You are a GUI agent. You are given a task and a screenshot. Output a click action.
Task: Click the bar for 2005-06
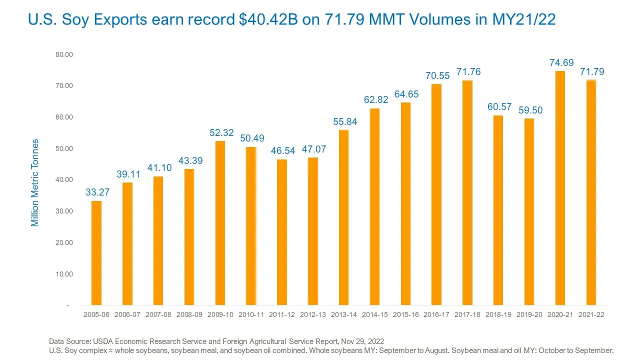(x=96, y=253)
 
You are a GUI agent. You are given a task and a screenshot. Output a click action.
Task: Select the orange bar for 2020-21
(x=560, y=188)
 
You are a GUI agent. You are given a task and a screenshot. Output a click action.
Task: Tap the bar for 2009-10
(x=220, y=223)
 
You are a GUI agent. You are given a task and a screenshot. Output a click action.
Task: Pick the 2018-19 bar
(x=498, y=210)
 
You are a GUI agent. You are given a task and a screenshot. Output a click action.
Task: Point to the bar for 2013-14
(x=343, y=217)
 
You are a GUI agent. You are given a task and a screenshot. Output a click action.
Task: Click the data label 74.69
(x=561, y=62)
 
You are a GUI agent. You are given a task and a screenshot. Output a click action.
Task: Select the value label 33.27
(x=97, y=192)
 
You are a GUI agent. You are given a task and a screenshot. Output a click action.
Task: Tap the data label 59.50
(x=530, y=110)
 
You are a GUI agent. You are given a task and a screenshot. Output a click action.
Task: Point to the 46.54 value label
(x=283, y=150)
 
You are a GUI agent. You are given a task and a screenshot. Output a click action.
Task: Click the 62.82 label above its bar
(x=376, y=99)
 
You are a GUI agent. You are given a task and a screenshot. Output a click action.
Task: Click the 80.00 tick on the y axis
(x=64, y=54)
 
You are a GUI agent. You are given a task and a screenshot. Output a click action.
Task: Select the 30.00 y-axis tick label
(x=64, y=211)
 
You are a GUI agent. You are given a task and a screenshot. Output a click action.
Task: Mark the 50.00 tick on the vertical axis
(x=64, y=148)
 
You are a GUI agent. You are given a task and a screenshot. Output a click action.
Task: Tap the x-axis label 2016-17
(x=436, y=314)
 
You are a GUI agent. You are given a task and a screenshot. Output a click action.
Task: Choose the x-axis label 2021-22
(x=591, y=314)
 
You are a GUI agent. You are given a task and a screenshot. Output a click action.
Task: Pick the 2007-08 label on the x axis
(x=158, y=314)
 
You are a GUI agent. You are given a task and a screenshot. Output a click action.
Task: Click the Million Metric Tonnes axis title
(x=34, y=183)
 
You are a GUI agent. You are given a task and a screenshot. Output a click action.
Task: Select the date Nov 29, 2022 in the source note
(x=362, y=341)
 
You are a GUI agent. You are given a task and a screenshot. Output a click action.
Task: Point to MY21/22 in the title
(x=523, y=19)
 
